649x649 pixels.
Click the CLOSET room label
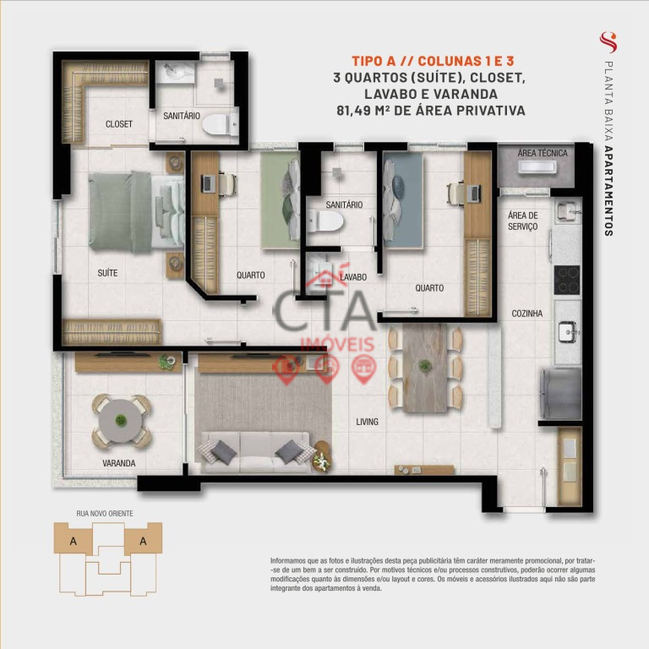pos(119,124)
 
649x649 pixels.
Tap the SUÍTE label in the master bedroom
pos(107,273)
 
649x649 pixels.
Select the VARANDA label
pos(119,463)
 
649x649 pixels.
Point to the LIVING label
pos(367,422)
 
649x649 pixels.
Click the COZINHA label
pos(527,314)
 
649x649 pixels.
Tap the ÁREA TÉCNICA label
pos(543,153)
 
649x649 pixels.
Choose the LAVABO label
pos(353,277)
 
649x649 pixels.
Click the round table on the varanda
pos(121,421)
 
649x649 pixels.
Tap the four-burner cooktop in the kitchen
pos(567,281)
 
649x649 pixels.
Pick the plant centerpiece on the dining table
pos(425,365)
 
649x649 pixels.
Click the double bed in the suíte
pos(137,212)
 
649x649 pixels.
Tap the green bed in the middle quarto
pos(281,201)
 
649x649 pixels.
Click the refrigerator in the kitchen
pos(560,394)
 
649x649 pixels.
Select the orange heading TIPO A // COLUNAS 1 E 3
pos(433,61)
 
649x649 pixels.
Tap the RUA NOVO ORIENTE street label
pos(105,514)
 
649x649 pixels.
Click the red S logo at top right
pos(608,42)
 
